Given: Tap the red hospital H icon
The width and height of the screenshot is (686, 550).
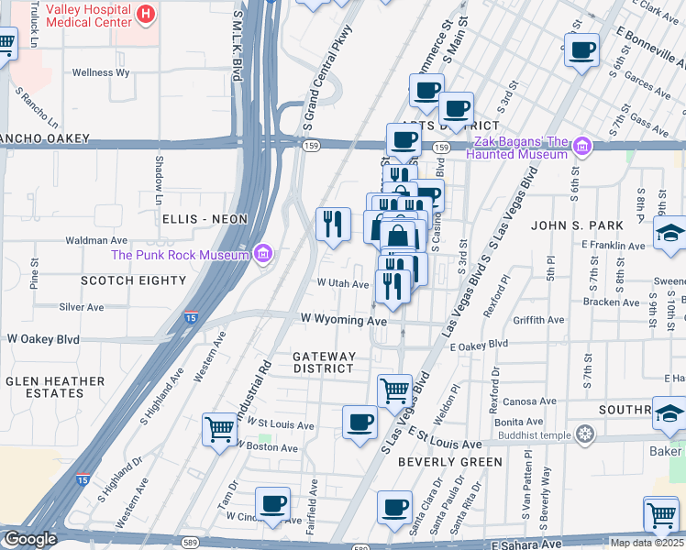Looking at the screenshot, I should click(x=145, y=14).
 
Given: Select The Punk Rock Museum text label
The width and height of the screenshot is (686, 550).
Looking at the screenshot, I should click(x=181, y=255).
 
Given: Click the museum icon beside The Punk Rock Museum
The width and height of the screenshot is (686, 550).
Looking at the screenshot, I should click(x=263, y=253).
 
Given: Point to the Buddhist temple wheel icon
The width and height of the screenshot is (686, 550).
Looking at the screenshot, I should click(x=584, y=434).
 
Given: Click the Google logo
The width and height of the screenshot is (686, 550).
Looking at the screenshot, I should click(x=31, y=539).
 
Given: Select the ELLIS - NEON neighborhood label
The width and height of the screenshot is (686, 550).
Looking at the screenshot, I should click(x=205, y=219).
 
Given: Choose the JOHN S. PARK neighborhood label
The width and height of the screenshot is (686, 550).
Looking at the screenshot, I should click(x=577, y=225).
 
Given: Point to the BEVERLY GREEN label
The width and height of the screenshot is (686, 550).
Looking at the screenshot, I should click(x=450, y=462).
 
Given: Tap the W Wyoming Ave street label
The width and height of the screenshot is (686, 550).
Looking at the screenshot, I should click(x=344, y=321).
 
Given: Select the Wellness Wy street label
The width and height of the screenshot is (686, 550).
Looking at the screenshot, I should click(x=105, y=72).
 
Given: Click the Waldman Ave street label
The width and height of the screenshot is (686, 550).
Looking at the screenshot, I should click(x=96, y=240).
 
